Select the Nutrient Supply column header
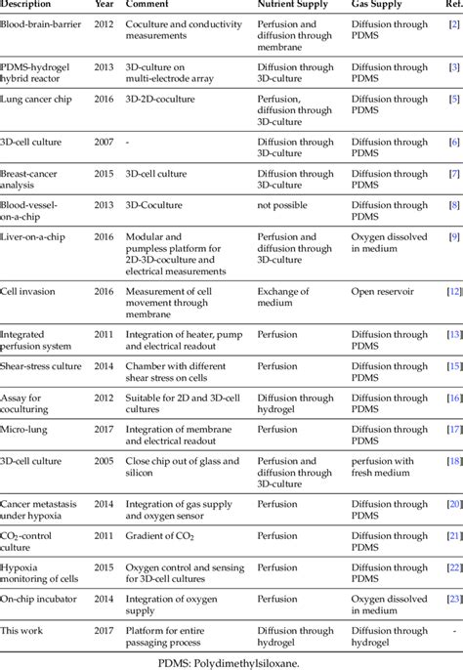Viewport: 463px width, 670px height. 298,5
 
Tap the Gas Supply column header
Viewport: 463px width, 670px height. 384,5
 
